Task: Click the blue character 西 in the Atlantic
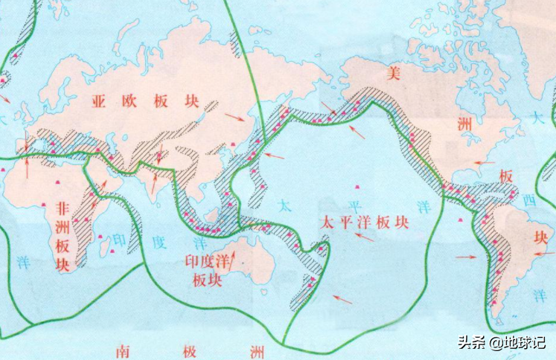528,201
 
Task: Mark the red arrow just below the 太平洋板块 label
364,237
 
